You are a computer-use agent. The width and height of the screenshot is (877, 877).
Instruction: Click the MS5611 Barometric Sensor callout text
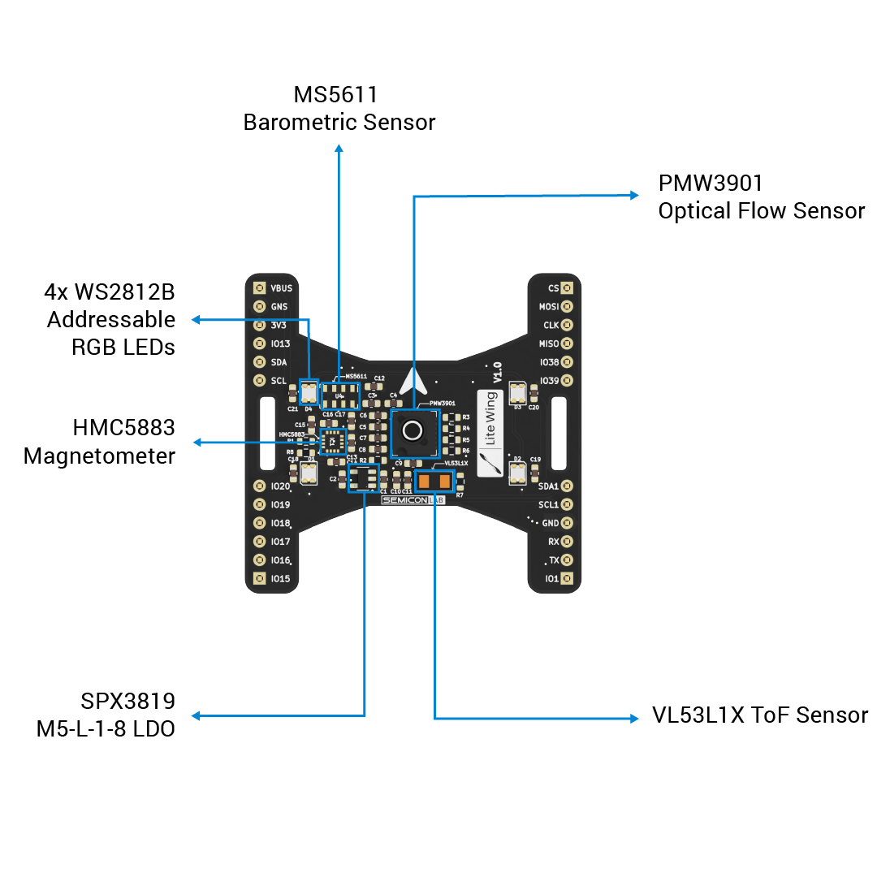tap(339, 109)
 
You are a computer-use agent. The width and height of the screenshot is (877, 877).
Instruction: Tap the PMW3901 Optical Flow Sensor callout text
tap(761, 197)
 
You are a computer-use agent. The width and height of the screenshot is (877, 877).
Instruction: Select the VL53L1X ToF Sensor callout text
tap(760, 715)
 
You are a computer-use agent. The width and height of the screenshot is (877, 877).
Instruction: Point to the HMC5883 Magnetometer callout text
tap(100, 442)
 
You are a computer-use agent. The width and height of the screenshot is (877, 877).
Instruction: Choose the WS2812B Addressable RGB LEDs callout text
tap(110, 319)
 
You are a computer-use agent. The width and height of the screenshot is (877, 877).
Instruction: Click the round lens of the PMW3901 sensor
tap(413, 430)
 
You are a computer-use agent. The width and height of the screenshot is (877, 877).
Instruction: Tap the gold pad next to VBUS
tap(259, 287)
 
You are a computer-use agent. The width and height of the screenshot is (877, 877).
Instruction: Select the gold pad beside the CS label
tap(567, 287)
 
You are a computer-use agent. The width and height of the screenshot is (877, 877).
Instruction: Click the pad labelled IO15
tap(259, 578)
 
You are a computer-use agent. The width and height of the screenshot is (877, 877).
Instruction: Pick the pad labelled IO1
tap(567, 578)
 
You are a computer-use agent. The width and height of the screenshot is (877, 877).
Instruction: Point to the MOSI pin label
tap(549, 307)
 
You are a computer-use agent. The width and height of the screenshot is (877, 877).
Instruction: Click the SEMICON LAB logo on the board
tap(413, 500)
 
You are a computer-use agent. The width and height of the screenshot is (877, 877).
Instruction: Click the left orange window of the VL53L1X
tap(424, 482)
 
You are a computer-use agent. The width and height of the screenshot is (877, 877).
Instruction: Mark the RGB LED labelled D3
tap(517, 393)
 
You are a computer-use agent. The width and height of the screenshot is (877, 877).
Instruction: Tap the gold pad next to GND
tap(567, 523)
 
